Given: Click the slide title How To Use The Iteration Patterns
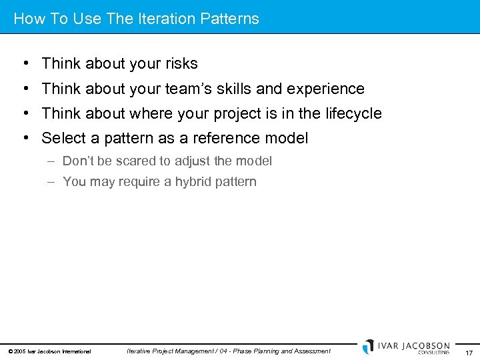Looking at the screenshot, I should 136,19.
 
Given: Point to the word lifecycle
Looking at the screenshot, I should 353,114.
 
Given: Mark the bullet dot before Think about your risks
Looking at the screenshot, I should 24,64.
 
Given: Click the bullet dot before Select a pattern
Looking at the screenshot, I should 24,139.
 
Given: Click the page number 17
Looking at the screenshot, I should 468,351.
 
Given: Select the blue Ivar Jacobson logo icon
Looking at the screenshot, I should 368,347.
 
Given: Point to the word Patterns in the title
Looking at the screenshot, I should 231,19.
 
